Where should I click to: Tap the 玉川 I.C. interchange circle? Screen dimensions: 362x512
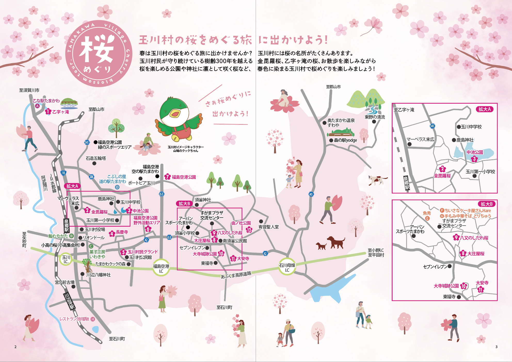[x=66, y=259]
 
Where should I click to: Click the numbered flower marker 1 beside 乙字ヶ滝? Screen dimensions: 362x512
[x=48, y=112]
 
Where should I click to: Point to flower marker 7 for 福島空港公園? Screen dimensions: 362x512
[x=168, y=177]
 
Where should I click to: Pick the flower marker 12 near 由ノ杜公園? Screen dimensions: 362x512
[x=249, y=229]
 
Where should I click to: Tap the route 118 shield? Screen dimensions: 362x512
[x=63, y=173]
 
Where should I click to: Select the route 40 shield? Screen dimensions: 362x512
[x=311, y=194]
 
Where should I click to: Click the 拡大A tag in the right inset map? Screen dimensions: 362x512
[x=484, y=109]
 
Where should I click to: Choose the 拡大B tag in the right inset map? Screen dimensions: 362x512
[x=486, y=204]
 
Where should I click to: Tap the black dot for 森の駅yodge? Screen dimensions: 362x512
[x=331, y=141]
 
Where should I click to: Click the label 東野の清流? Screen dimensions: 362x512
[x=375, y=117]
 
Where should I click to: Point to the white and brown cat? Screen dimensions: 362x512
[x=377, y=179]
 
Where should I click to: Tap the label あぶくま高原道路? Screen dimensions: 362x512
[x=236, y=275]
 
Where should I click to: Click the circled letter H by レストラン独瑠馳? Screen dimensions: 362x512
[x=93, y=319]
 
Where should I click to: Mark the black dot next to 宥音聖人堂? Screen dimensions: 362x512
[x=261, y=221]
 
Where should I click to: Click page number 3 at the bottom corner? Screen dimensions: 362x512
[x=496, y=347]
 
